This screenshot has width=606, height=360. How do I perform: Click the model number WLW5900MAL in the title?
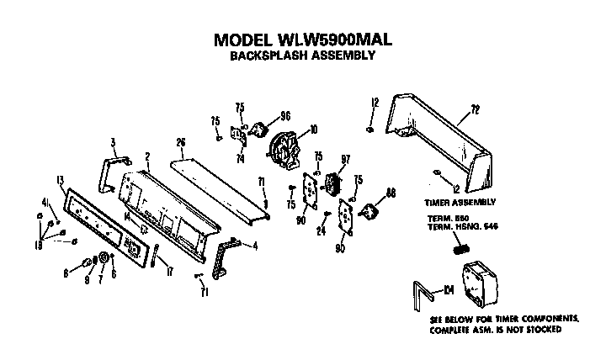[x=332, y=40]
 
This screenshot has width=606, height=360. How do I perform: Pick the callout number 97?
[x=343, y=160]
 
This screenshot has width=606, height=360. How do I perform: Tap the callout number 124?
[x=449, y=290]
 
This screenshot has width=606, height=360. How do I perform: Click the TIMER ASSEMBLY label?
[x=460, y=202]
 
